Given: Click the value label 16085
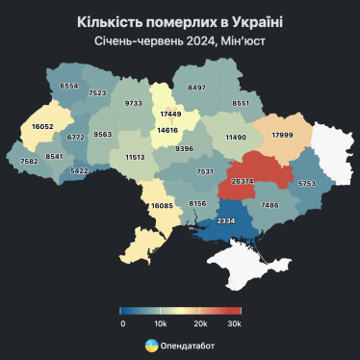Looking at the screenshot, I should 163,205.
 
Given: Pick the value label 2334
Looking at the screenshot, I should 226,222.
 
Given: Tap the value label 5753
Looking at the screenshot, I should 306,183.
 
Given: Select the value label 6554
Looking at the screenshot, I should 69,86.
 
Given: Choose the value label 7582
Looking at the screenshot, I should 28,162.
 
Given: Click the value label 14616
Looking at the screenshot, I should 168,130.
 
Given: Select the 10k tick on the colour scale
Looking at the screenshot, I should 161,324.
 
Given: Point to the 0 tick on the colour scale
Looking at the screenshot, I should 122,324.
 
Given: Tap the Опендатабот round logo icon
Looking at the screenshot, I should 150,345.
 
